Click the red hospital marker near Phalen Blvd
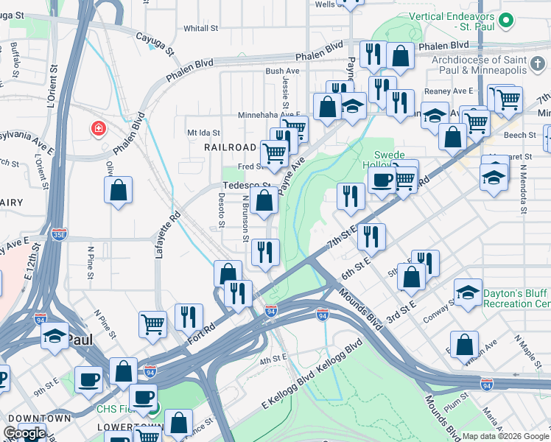pos(98,130)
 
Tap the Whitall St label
pos(202,28)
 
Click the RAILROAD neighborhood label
pos(230,147)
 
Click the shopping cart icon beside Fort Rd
pos(152,322)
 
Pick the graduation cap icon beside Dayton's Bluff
pos(468,292)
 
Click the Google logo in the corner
pos(24,433)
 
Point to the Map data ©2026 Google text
pos(506,436)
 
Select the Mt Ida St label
pos(204,132)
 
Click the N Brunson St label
pos(245,219)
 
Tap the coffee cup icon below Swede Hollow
pos(382,180)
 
